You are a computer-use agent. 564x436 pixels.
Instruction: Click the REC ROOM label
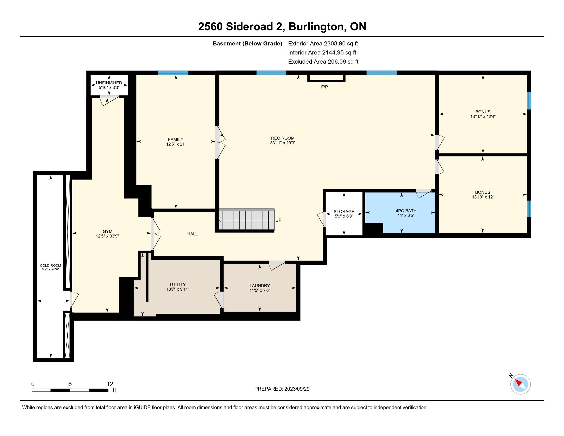(283, 138)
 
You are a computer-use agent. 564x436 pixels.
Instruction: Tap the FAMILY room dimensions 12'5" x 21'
(176, 144)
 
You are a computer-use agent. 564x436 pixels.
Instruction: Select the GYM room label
(107, 231)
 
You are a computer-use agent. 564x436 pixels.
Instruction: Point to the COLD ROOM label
(51, 265)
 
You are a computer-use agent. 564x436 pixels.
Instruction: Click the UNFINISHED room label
(109, 83)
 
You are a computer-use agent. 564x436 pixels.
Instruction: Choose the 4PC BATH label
(406, 211)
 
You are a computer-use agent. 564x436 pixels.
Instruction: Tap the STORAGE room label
(344, 212)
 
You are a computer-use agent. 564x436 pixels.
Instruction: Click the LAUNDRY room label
(260, 286)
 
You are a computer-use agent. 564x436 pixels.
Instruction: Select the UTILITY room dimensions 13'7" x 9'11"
(178, 289)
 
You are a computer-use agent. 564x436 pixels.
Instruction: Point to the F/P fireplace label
(325, 87)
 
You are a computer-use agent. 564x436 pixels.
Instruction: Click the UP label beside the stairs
(278, 220)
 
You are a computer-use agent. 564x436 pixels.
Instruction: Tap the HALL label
(192, 234)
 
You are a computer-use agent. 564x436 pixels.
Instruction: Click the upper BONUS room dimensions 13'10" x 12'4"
(483, 116)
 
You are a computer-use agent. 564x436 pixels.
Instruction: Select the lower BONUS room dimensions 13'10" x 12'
(483, 197)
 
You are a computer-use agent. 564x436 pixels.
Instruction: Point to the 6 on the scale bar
(70, 384)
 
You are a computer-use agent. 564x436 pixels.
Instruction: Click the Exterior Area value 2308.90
(335, 43)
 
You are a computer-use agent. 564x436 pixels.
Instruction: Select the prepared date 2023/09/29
(297, 389)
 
